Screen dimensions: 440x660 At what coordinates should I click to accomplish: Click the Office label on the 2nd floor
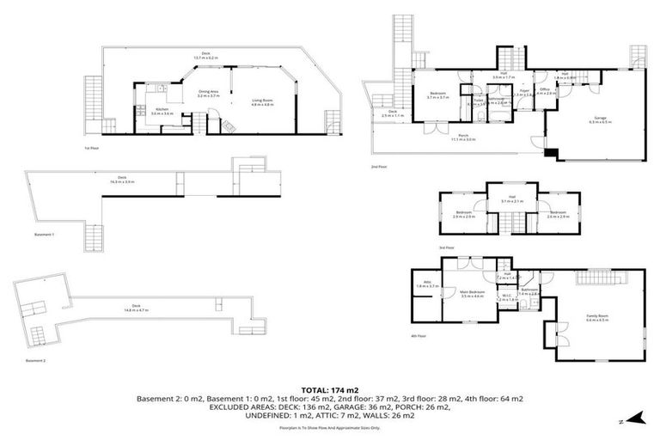(x=545, y=91)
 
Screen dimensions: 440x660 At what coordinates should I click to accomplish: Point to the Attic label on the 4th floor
(x=422, y=284)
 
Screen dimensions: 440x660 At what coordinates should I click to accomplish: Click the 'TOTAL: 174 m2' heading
(x=330, y=389)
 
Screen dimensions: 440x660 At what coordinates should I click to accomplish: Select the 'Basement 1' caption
(x=43, y=235)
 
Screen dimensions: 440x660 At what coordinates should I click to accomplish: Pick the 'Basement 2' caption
(x=36, y=361)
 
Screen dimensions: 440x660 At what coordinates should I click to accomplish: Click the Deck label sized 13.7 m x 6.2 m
(x=206, y=55)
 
